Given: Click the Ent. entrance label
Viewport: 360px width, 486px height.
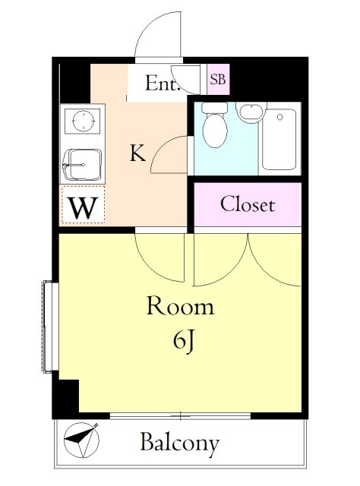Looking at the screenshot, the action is (163, 83).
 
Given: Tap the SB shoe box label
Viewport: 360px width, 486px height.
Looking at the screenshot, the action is (218, 79).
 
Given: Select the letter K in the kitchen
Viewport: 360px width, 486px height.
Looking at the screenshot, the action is (137, 153).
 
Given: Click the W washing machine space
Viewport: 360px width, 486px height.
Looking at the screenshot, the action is (83, 207).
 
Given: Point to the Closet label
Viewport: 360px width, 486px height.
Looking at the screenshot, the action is (248, 204).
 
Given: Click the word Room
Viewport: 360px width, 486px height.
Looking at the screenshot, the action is (180, 307).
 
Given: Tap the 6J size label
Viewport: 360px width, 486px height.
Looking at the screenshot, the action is (184, 340).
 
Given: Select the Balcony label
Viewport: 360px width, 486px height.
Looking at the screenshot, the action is (180, 443).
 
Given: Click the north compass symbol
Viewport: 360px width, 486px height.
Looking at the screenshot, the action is (81, 440).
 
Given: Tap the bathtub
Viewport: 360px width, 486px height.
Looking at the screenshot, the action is (279, 139).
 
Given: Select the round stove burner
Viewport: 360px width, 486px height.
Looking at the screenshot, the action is (84, 121).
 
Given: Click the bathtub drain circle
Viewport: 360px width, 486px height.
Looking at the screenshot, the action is (280, 117).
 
